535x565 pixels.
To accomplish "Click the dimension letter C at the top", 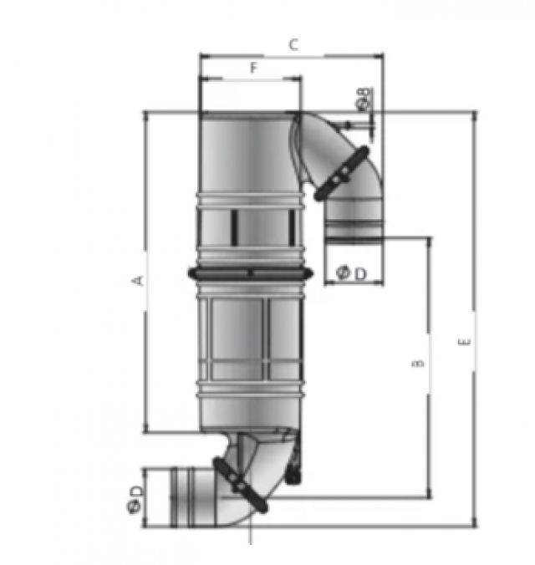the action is [x=293, y=45].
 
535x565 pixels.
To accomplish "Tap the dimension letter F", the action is [x=254, y=68].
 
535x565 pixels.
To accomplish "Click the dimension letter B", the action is [x=417, y=363].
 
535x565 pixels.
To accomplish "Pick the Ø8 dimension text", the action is [x=363, y=98].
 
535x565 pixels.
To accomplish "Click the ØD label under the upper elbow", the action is [x=350, y=273].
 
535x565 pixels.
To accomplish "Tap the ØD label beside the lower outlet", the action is [x=135, y=499].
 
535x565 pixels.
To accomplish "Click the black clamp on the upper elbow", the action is [x=341, y=173].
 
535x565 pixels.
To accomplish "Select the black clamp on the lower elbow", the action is [x=240, y=484].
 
